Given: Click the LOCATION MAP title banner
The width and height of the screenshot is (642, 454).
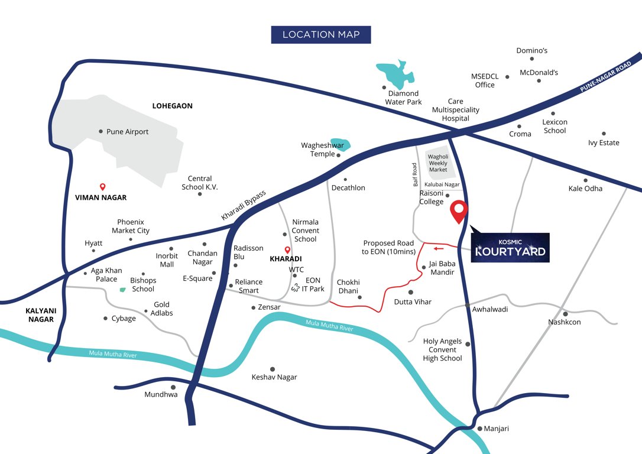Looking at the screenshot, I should (321, 34).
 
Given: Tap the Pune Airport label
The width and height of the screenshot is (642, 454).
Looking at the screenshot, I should (127, 132).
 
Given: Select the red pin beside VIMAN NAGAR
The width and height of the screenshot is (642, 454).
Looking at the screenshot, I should (102, 186).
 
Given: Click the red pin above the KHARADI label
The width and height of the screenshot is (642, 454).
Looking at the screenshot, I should (287, 249).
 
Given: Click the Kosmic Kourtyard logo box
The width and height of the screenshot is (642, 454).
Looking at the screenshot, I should (510, 248).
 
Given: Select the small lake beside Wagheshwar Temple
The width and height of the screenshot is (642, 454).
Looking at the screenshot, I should (342, 144).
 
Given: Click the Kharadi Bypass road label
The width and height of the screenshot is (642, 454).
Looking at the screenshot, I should (244, 205).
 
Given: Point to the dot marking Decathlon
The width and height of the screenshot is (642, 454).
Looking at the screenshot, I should (345, 180).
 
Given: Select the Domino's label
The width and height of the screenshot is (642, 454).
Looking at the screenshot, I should (532, 50).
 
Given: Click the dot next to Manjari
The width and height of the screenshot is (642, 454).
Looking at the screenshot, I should (479, 429).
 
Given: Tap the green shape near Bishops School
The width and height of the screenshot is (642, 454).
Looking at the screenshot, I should (122, 290).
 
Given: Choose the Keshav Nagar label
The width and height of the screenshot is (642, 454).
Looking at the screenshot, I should (274, 377).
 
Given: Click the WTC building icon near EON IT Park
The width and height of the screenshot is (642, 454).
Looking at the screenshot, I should (294, 288).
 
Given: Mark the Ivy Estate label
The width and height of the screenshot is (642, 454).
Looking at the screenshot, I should (604, 142).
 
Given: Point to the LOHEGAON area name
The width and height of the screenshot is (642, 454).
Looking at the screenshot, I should (173, 106).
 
